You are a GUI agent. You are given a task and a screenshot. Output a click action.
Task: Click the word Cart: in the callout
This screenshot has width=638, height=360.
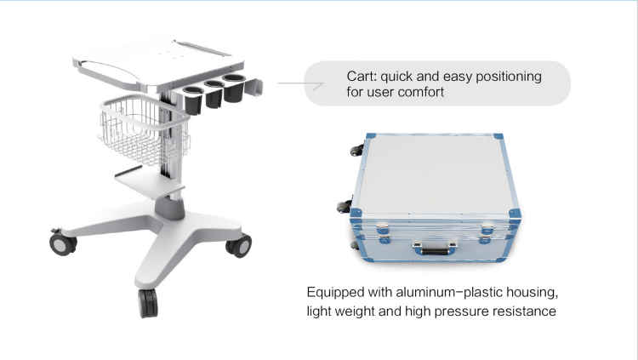pos(362,77)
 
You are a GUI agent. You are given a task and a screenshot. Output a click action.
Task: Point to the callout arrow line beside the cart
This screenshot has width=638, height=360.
pos(300,84)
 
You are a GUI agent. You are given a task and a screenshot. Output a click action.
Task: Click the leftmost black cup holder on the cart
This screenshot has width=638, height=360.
pos(193,100)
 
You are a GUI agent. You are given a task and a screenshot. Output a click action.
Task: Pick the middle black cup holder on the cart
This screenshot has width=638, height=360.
pos(214,94)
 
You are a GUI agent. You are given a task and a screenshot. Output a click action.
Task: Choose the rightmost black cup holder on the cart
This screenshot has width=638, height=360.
pos(234,88)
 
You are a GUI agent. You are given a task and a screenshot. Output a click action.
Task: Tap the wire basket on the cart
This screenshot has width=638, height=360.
pos(144,129)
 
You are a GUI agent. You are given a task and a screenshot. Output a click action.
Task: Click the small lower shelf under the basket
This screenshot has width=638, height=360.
pos(149,182)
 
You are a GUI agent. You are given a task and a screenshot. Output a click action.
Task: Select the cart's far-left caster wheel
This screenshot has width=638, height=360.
pos(63,243)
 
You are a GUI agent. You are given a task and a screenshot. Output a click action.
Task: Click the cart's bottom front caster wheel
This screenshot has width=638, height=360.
pos(148,303)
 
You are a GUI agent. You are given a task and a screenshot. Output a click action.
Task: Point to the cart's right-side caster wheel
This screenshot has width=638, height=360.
pos(239,246)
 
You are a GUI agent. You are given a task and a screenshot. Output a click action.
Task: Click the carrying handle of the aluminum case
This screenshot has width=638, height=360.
pos(435,248)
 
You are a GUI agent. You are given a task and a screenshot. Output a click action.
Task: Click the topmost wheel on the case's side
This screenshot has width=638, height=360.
pos(357,150)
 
